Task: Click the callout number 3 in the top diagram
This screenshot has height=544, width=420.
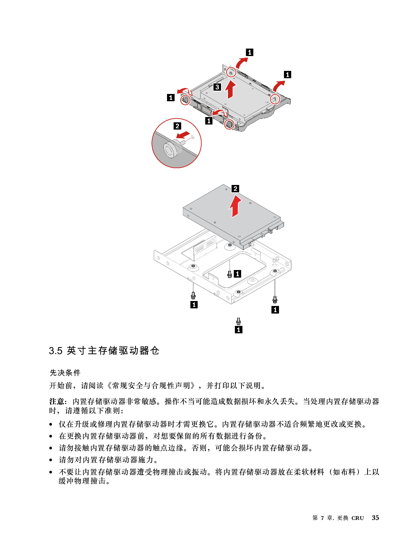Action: (x=217, y=87)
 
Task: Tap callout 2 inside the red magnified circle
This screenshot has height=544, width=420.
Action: (x=177, y=126)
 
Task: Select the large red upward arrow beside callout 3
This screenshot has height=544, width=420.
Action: (x=231, y=90)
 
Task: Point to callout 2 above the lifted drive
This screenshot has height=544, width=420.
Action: (x=235, y=189)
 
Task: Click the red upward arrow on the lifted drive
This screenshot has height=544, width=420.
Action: (x=235, y=206)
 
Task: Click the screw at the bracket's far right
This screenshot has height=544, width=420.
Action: (x=275, y=299)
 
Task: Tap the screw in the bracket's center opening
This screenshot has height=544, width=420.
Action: (x=230, y=274)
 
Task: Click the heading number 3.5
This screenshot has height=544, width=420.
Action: (x=56, y=351)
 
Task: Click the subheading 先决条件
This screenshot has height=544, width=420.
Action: (x=65, y=373)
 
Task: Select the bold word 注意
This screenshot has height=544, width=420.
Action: (x=57, y=402)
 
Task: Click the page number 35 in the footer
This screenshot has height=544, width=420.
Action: (x=375, y=518)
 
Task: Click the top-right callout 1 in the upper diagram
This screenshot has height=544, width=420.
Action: (x=288, y=75)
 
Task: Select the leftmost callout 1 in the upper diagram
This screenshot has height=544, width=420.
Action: (x=171, y=97)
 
